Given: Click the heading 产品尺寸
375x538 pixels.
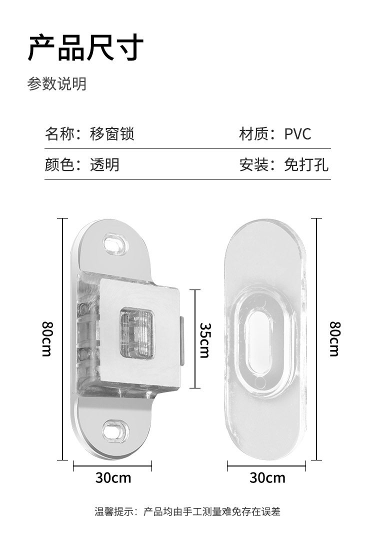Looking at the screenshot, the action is point(85,48).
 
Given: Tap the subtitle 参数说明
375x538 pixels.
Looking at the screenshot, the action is point(56,84).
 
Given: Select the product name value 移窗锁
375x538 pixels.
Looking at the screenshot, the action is point(112,134).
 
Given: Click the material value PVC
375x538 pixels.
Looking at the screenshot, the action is point(297,134).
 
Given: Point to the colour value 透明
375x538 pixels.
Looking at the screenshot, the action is point(104,164).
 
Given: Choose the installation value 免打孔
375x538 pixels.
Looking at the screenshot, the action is point(306,164).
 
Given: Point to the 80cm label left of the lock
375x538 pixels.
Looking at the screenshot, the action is point(46,338).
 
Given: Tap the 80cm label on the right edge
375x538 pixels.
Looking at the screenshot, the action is point(334,338).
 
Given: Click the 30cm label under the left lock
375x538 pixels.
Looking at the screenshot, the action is point(113,478).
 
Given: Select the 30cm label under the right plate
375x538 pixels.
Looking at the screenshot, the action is point(267,478).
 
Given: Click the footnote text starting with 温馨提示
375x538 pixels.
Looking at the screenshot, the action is point(187,511).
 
